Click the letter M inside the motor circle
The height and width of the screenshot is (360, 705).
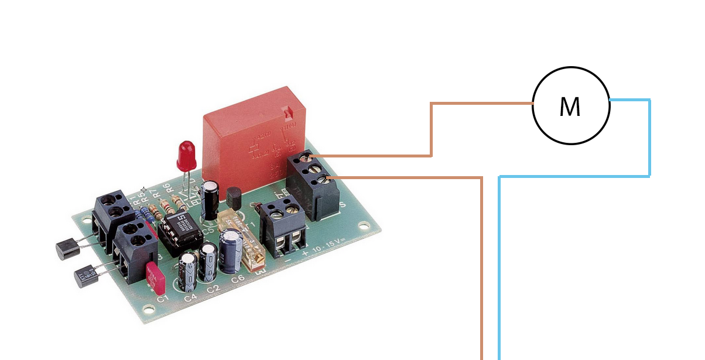pos(570,107)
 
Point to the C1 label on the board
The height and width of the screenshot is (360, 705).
pos(163,299)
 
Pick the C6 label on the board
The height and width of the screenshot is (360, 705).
pos(237,279)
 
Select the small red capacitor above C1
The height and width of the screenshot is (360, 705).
pos(155,277)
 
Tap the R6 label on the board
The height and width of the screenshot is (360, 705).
pos(167,188)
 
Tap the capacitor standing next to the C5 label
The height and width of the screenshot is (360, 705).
pos(210,200)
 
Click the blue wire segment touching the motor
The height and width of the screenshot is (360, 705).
pos(629,100)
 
